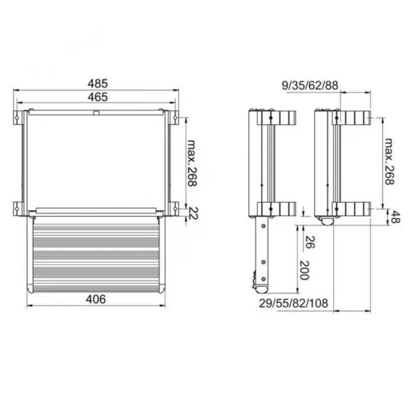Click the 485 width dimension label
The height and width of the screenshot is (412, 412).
tap(98, 84)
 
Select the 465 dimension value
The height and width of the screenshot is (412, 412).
tap(98, 97)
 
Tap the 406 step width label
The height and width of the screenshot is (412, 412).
tap(96, 299)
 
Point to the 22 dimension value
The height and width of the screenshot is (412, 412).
tap(194, 213)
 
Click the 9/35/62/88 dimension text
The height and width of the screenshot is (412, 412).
tap(310, 86)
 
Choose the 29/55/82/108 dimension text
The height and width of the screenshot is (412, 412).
tap(294, 303)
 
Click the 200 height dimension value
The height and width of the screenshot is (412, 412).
tap(304, 270)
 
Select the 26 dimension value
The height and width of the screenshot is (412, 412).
tap(310, 242)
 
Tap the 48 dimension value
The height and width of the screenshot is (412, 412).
tap(395, 217)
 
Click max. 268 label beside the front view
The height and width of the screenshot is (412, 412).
tap(192, 163)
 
